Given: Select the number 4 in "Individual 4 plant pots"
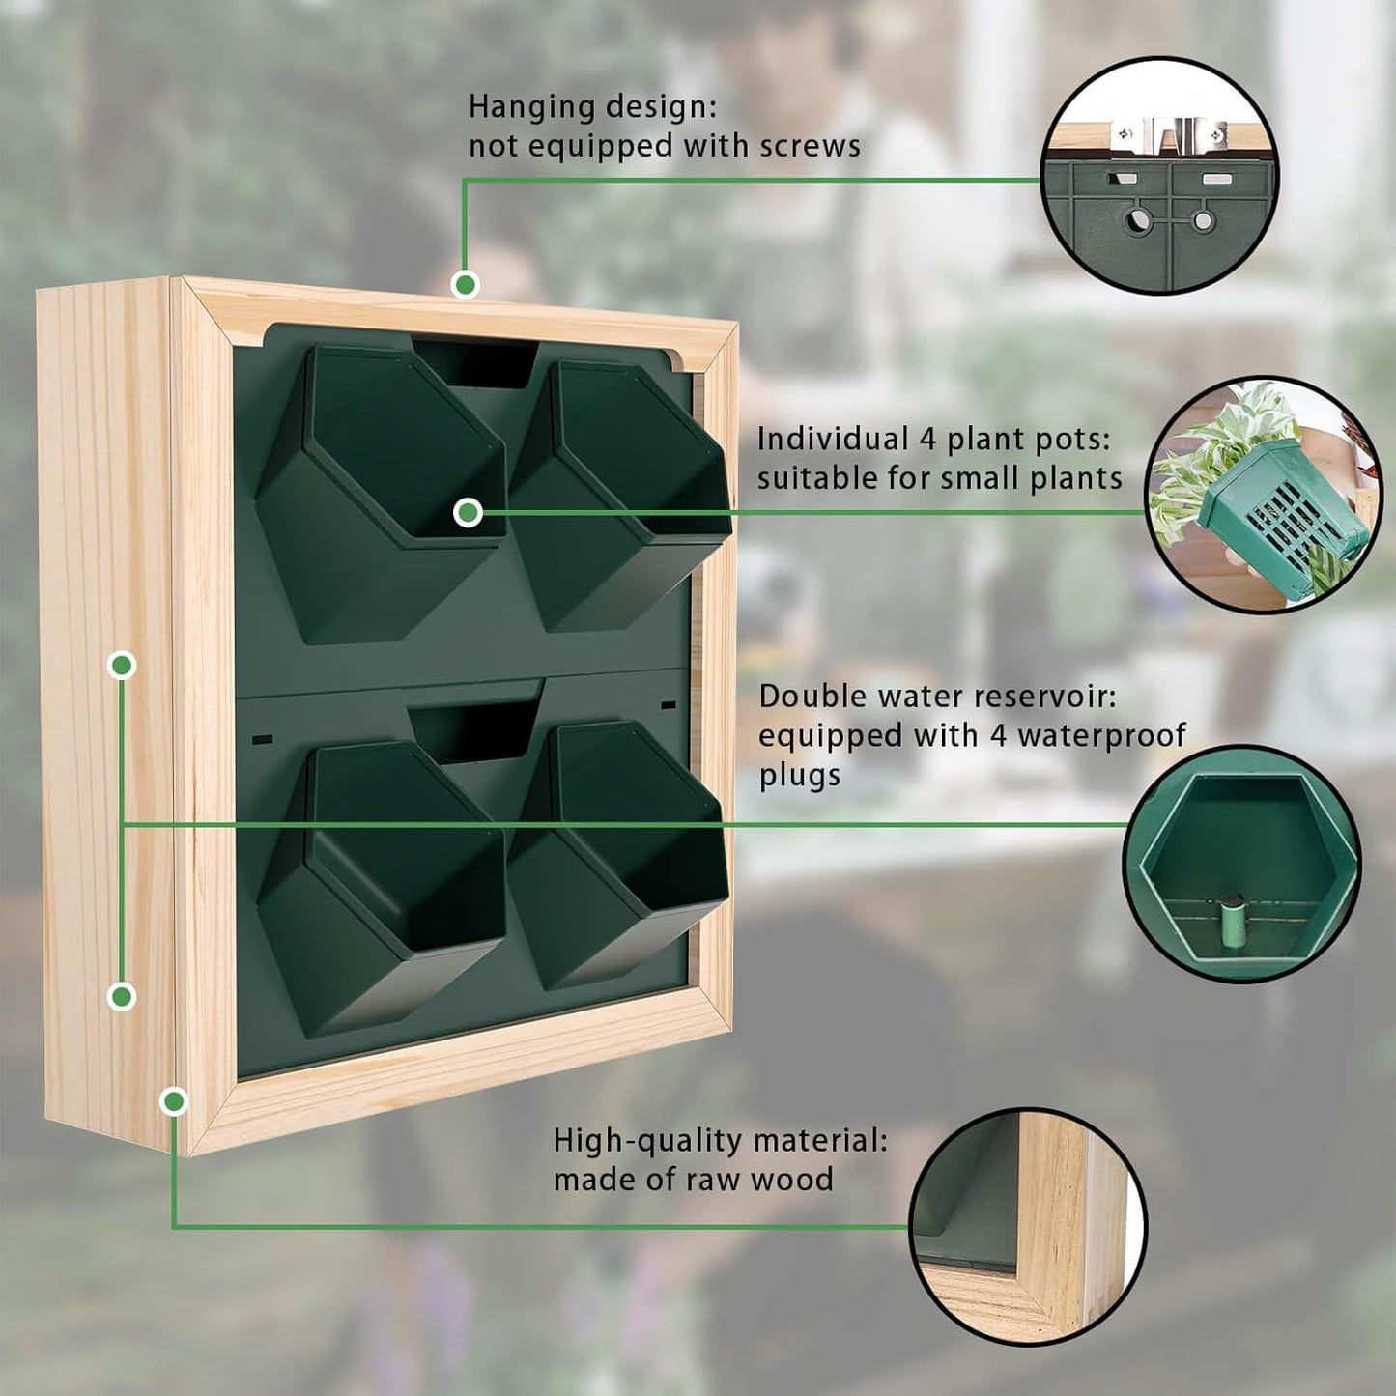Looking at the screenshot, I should (x=926, y=439).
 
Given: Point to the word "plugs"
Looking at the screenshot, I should (x=799, y=775).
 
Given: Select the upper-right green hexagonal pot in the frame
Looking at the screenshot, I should (x=618, y=493).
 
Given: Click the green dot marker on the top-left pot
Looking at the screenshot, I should (x=468, y=512).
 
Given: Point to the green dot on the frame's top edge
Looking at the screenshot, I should (x=466, y=284).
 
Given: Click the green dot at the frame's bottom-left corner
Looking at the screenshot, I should (x=174, y=1100).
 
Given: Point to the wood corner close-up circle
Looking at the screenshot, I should (x=1028, y=1225).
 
